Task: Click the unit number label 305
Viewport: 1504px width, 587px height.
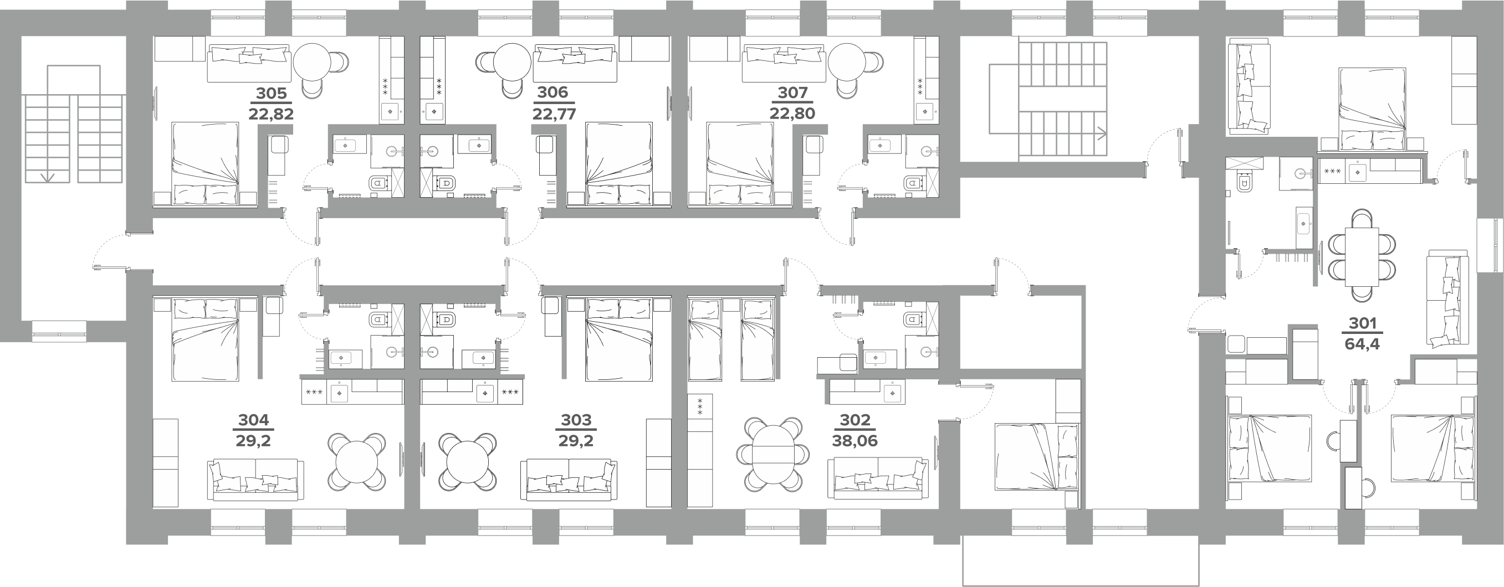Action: [x=272, y=93]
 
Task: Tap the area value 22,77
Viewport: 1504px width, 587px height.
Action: [x=554, y=112]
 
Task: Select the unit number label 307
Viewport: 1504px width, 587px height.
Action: [x=792, y=93]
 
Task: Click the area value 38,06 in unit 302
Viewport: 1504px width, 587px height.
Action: [x=855, y=441]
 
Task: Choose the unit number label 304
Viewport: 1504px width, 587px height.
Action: [x=254, y=420]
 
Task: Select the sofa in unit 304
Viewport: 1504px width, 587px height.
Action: [x=255, y=480]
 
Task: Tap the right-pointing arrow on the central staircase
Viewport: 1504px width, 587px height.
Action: [x=1100, y=134]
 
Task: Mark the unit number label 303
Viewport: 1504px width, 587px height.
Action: [x=576, y=420]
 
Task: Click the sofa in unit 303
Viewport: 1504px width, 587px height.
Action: [x=568, y=480]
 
